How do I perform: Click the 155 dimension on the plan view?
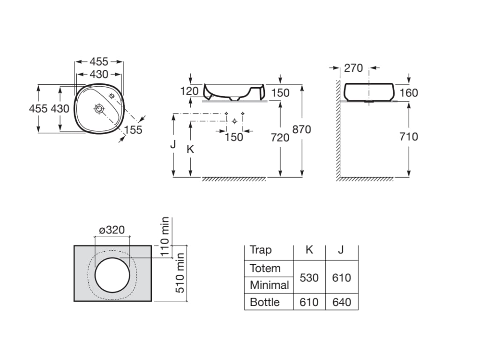[134, 129]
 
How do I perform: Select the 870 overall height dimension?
[301, 129]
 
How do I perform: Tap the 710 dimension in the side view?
[409, 136]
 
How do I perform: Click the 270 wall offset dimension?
[353, 68]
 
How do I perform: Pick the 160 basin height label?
[409, 93]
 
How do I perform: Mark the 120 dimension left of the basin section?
[189, 90]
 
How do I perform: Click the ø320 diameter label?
[112, 230]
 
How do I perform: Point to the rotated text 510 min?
[180, 273]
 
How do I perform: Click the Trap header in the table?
[261, 250]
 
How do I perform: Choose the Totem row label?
[265, 269]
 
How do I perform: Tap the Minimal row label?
[269, 285]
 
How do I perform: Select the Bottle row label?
[265, 302]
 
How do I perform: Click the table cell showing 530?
[309, 277]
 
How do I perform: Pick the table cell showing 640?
[341, 302]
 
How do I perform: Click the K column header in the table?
[309, 250]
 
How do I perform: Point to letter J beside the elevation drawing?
[172, 144]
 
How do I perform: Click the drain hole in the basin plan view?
[99, 109]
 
